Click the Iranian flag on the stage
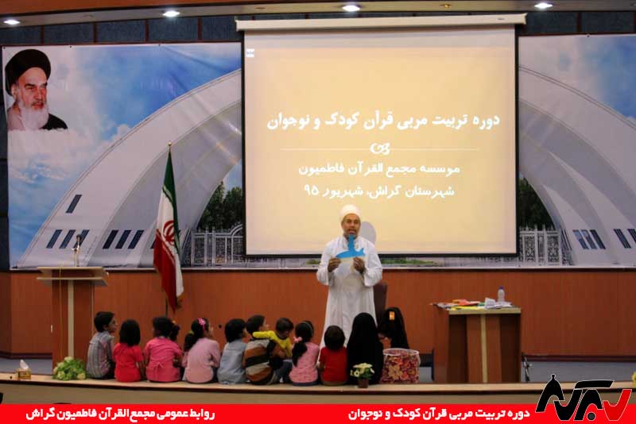[x=169, y=235]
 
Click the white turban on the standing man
[x=350, y=211]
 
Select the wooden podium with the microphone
[x=72, y=312]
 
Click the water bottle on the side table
[x=501, y=295]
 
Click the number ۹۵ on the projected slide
[x=312, y=190]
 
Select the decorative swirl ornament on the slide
[x=380, y=148]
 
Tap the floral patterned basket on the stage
[x=400, y=366]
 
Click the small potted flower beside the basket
[x=363, y=375]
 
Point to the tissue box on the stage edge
[x=24, y=370]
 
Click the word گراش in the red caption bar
[x=38, y=414]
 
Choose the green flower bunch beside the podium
[x=69, y=368]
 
